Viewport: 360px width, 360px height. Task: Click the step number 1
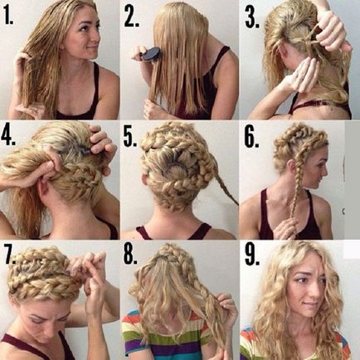pyautogui.click(x=8, y=15)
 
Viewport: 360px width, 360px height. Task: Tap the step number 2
pyautogui.click(x=131, y=17)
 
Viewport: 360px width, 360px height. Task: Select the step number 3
pyautogui.click(x=252, y=18)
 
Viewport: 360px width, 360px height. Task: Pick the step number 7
pyautogui.click(x=10, y=255)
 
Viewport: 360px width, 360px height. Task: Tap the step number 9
pyautogui.click(x=252, y=255)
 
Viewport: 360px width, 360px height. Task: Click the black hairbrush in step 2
pyautogui.click(x=148, y=53)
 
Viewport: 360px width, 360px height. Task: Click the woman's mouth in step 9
pyautogui.click(x=313, y=306)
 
